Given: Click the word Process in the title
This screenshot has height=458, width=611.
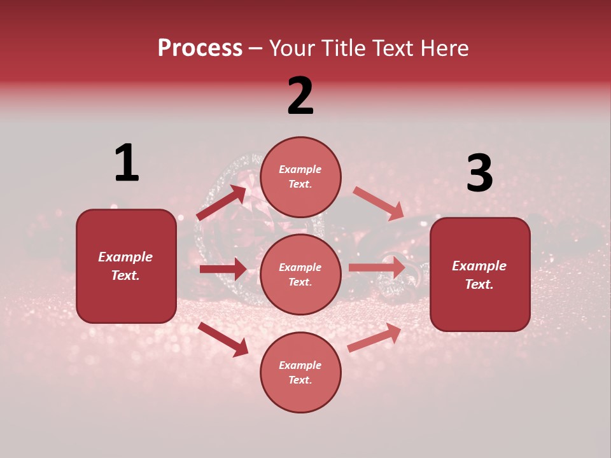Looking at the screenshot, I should click(200, 48).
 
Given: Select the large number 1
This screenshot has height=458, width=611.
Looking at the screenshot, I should click(127, 163).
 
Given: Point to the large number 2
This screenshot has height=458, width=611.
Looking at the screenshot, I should click(300, 96).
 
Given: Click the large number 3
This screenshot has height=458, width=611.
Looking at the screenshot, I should click(479, 174).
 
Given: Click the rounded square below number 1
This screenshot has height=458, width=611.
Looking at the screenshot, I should click(126, 266).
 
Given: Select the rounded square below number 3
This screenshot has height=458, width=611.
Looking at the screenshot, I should click(480, 274).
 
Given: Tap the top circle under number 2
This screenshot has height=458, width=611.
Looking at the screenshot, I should click(300, 177).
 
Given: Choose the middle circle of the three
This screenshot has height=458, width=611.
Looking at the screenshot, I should click(300, 274).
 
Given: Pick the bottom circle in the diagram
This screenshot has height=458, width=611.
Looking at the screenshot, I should click(300, 372).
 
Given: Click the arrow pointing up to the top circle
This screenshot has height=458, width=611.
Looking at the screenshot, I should click(221, 203).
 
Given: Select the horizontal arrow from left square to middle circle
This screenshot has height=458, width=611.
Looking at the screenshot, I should click(223, 269).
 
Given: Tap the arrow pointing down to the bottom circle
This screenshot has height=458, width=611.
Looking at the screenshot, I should click(223, 339).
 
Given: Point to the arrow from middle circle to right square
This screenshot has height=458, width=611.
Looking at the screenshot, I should click(377, 267).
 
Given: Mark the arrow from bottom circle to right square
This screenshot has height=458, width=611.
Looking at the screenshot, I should click(375, 338).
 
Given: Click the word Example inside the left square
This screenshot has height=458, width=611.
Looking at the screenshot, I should click(125, 257).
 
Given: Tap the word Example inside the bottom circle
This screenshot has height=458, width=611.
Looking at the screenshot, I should click(300, 365).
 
